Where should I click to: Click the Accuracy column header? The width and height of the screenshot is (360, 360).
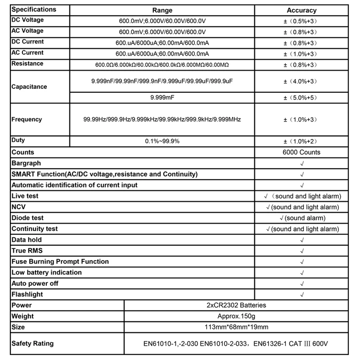pos(301,10)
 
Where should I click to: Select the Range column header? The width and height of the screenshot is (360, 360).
pos(162,10)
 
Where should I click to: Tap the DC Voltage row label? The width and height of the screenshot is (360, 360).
pos(27,20)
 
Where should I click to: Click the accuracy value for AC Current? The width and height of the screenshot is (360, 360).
pos(301,54)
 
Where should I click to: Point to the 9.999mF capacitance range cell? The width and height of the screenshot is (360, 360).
pos(162,97)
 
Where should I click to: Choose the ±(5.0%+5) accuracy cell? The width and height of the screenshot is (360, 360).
pos(301,97)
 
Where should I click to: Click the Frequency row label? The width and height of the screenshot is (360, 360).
pos(27,120)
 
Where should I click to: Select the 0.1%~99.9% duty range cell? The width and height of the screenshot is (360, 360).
pos(162,141)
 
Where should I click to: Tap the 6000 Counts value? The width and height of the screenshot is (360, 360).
pos(301,152)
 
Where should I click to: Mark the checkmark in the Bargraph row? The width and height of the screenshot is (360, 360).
pos(301,163)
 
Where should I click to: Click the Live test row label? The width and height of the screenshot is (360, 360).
pos(25,196)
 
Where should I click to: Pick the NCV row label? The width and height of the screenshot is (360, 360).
pos(19,207)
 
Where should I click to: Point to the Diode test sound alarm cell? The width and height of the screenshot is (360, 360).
pos(301,218)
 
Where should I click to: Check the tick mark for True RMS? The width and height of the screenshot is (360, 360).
pos(301,251)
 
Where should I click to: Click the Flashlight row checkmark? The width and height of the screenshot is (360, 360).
pos(301,295)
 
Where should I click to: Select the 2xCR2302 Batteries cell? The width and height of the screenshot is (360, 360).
pos(236,305)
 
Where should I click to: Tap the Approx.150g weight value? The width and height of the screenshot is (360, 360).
pos(236,316)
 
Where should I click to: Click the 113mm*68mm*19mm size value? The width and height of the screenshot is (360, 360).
pos(236,327)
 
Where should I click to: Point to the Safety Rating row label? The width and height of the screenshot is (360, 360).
pos(33,344)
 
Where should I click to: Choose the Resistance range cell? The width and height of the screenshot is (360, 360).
pos(162,65)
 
